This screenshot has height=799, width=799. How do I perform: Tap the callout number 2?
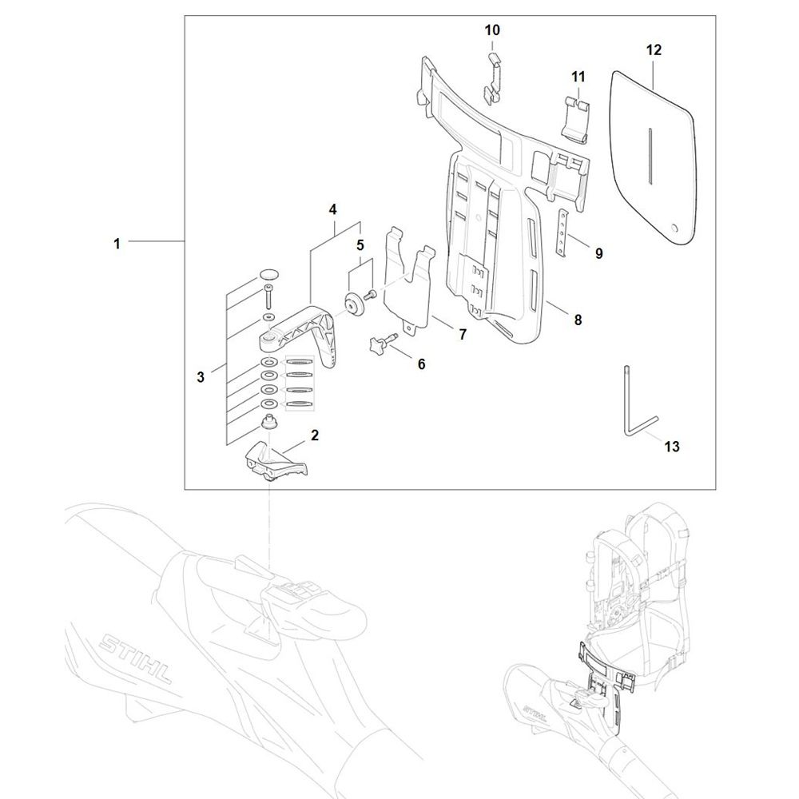[315, 435]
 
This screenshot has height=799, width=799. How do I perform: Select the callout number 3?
[201, 376]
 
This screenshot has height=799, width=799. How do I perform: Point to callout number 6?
[421, 364]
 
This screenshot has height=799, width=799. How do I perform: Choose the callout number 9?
[598, 254]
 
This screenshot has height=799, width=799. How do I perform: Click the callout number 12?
[654, 50]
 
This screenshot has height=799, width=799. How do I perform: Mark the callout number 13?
[672, 447]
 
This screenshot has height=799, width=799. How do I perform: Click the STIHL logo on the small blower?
[536, 708]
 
